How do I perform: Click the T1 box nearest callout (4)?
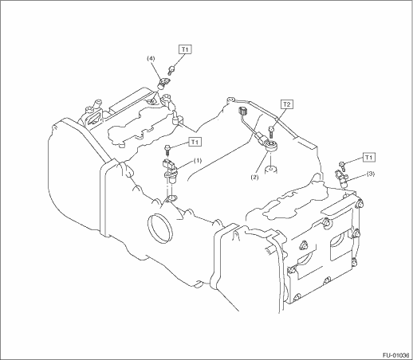click(x=185, y=49)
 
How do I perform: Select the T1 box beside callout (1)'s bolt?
click(x=195, y=142)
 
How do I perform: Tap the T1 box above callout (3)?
click(x=368, y=158)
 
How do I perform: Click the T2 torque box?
click(x=286, y=104)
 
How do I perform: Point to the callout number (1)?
click(x=198, y=161)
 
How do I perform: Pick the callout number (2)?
click(x=254, y=178)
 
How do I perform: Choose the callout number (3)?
click(x=371, y=174)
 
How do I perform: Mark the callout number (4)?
click(x=151, y=58)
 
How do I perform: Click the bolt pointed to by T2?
click(x=271, y=132)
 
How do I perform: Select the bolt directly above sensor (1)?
click(x=167, y=150)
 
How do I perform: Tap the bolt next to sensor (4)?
click(x=171, y=70)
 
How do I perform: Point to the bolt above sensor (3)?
click(x=343, y=166)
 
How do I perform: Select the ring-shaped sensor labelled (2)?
click(x=272, y=146)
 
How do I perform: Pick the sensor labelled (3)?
click(x=341, y=178)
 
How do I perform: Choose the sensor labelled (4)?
click(x=163, y=83)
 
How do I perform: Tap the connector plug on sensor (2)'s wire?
click(x=242, y=111)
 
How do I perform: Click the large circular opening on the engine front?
click(x=159, y=229)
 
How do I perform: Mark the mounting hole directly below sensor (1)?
click(x=171, y=198)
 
